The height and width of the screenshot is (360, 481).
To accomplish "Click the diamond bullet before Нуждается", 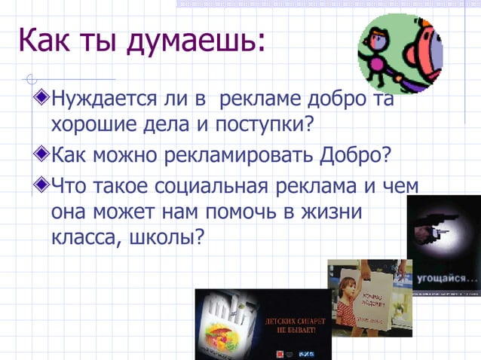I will tap(41, 98).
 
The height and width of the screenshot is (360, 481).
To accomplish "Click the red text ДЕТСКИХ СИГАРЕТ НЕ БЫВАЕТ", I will tap(296, 325).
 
